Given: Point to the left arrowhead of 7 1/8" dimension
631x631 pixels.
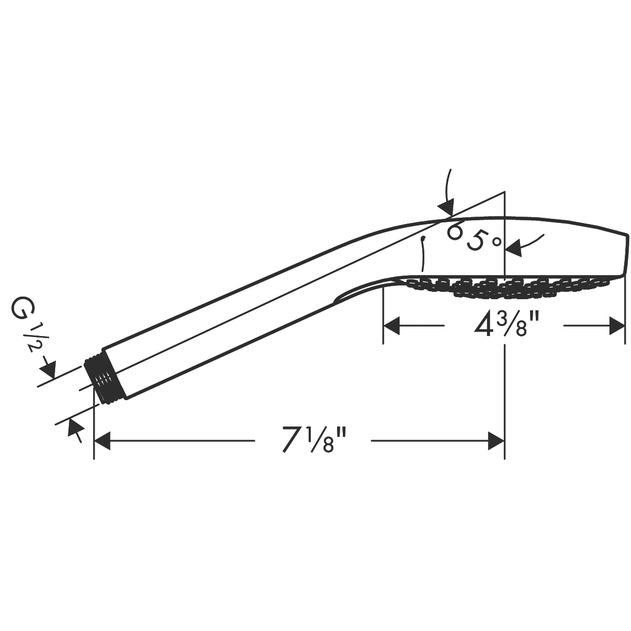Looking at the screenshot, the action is [102, 441].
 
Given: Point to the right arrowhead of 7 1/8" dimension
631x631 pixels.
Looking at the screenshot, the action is [496, 441].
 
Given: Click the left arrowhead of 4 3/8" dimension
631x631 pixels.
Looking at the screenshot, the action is [391, 325].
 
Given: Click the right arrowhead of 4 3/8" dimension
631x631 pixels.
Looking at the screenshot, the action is [617, 325].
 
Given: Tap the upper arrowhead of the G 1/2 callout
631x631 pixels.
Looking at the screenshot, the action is [48, 369].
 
